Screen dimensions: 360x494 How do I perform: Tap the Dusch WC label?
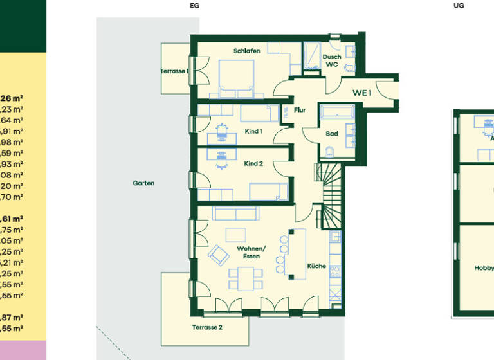331,60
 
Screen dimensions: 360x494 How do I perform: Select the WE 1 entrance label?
362,93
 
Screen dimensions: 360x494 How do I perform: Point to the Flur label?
300,110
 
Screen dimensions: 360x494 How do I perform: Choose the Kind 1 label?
253,131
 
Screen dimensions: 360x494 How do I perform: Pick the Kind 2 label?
253,164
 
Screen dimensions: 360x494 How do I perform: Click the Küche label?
316,265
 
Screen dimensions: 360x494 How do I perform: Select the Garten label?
143,183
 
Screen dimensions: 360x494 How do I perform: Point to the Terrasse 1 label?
174,71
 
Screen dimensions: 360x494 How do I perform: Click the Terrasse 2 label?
206,327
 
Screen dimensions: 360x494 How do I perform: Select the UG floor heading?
459,5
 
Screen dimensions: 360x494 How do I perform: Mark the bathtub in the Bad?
337,113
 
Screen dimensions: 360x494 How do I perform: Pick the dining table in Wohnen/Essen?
246,278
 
